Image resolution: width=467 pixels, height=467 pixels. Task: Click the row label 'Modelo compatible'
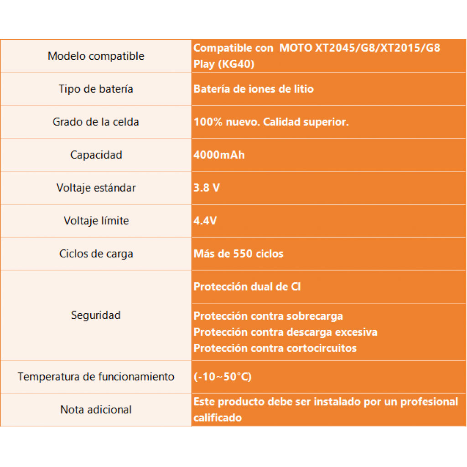[x=96, y=56]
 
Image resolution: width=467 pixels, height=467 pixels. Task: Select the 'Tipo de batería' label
[x=96, y=89]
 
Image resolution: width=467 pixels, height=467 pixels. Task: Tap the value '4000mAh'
[x=219, y=155]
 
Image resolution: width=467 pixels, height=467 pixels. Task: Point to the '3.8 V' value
[x=207, y=187]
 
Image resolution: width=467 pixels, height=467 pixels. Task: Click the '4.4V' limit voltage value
[x=205, y=221]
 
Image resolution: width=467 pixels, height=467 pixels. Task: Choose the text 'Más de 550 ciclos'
[x=238, y=254]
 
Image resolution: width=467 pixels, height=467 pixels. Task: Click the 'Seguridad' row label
[x=96, y=315]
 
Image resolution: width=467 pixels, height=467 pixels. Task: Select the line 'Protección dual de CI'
[x=247, y=287]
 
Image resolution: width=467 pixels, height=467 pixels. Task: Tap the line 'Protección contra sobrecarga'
[x=268, y=316]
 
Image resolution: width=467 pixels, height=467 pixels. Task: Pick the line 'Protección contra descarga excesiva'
[x=285, y=332]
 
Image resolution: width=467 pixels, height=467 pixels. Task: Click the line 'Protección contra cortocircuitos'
[x=275, y=348]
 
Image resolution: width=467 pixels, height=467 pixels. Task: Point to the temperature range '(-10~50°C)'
[x=223, y=377]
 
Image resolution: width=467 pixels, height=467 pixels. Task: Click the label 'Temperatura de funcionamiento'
[x=96, y=377]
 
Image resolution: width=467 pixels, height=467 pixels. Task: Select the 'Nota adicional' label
[x=96, y=410]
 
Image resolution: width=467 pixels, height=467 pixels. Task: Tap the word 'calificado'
[x=218, y=417]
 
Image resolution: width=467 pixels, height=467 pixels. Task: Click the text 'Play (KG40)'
[x=223, y=64]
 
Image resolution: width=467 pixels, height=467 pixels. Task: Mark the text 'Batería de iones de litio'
[x=254, y=89]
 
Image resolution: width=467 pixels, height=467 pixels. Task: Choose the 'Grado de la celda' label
[x=96, y=122]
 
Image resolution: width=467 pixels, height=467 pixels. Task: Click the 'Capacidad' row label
[x=96, y=155]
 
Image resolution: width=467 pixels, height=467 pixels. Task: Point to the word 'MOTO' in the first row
[x=296, y=48]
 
